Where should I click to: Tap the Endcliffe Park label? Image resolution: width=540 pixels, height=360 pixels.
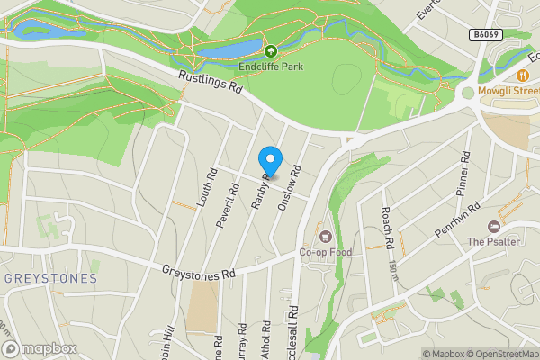(271, 66)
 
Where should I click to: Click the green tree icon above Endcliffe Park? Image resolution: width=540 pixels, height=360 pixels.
(271, 51)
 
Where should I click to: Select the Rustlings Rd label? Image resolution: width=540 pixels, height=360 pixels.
(211, 85)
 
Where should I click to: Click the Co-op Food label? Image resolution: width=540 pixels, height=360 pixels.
(324, 252)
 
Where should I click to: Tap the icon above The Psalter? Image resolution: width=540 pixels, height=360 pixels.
(492, 227)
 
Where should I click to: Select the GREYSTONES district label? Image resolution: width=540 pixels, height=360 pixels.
(49, 279)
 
